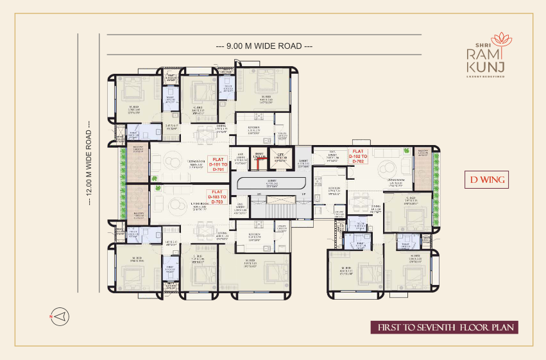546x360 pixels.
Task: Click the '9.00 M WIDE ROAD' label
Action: click(264, 46)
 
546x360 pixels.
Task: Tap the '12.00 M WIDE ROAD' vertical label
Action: click(89, 164)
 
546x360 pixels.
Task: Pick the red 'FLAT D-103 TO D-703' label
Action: click(216, 196)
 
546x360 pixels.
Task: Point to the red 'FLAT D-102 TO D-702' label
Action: click(358, 157)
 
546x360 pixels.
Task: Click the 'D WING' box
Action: click(486, 180)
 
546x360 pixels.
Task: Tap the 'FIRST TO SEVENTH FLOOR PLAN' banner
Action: click(444, 327)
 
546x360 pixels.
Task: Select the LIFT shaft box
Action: click(281, 158)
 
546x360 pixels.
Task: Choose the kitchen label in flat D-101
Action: click(254, 129)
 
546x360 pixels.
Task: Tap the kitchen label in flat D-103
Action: click(254, 236)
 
